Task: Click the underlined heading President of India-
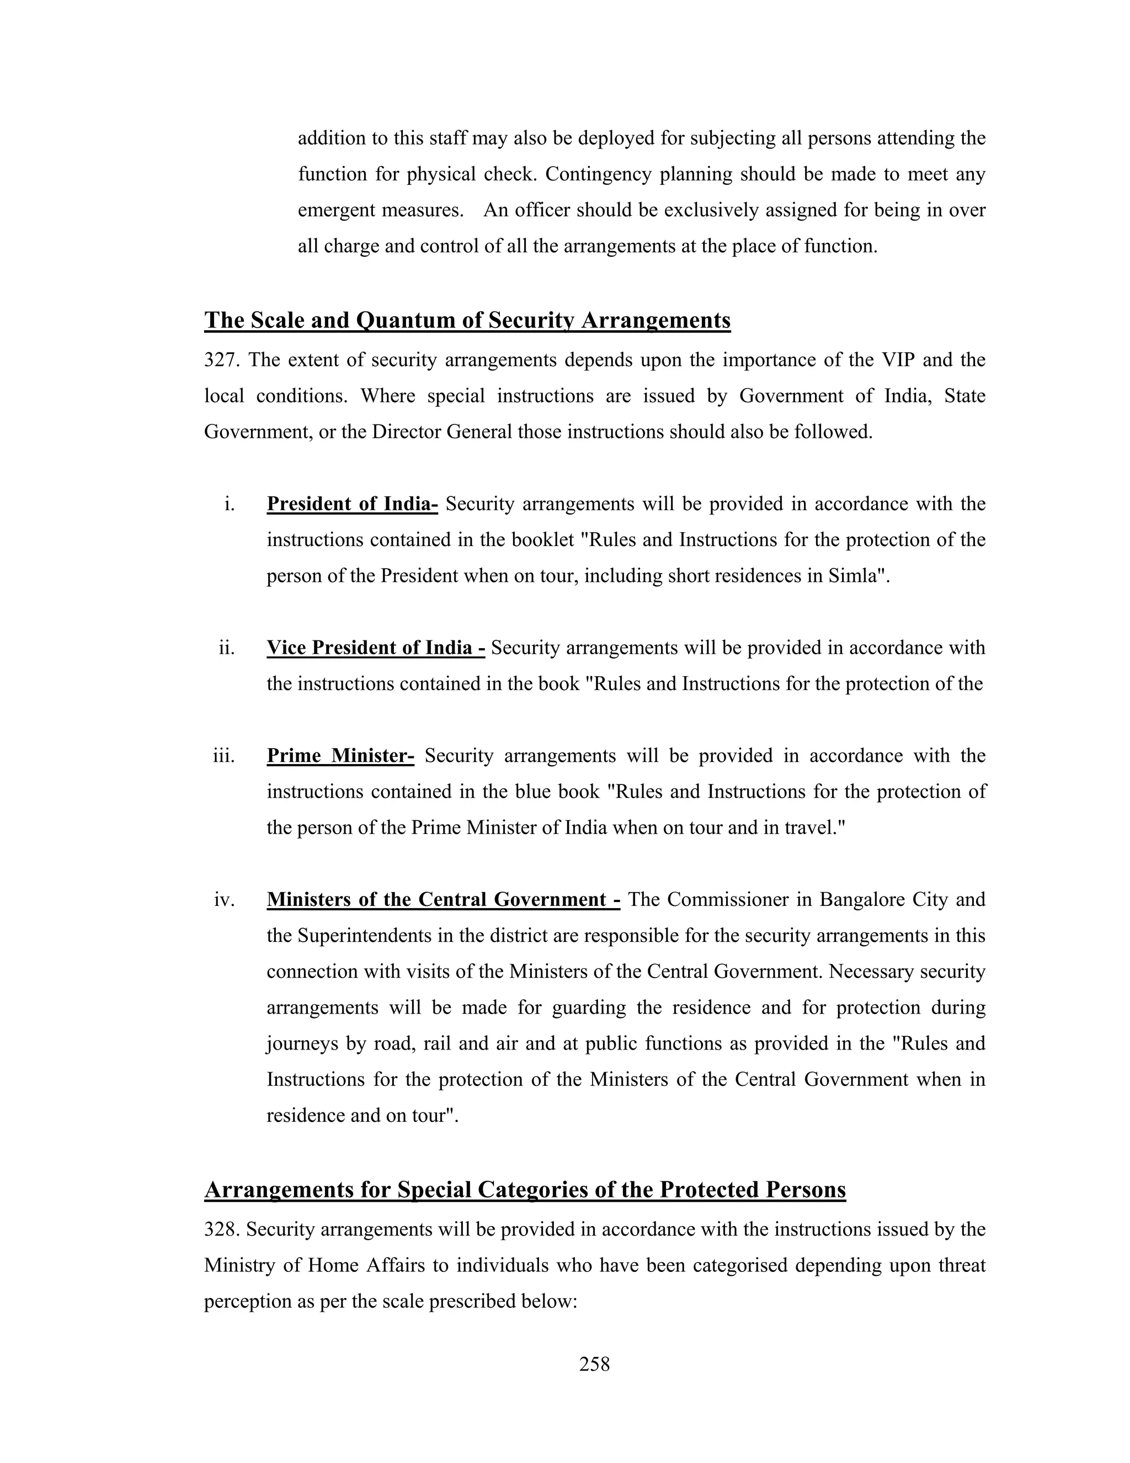[352, 503]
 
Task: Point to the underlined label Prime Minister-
[340, 756]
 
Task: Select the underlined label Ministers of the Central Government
[443, 900]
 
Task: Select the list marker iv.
[224, 900]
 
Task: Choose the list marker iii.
[223, 756]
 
